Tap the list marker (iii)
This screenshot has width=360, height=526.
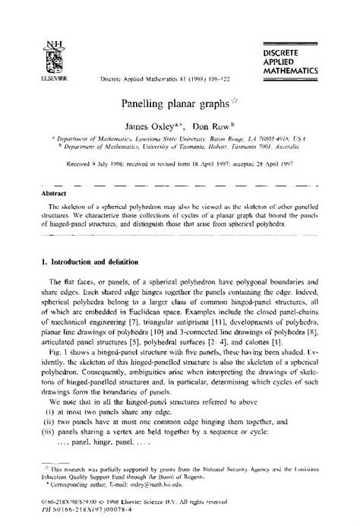point(45,422)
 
